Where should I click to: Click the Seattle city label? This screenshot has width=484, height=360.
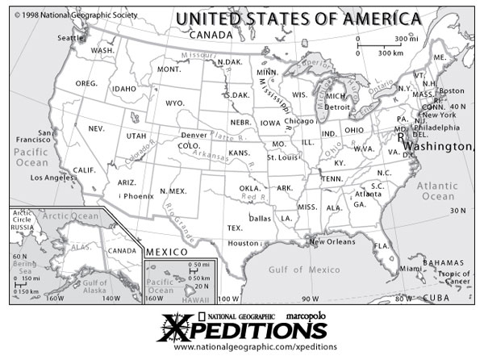(71, 38)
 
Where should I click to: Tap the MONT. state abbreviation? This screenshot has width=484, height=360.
(169, 69)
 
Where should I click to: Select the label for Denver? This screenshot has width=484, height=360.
(194, 135)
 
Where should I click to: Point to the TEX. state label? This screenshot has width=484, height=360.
(235, 228)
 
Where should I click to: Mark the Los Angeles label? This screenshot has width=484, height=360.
(52, 177)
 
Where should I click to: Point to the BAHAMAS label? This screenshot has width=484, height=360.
(447, 262)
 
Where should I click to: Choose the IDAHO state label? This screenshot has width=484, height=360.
(124, 89)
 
